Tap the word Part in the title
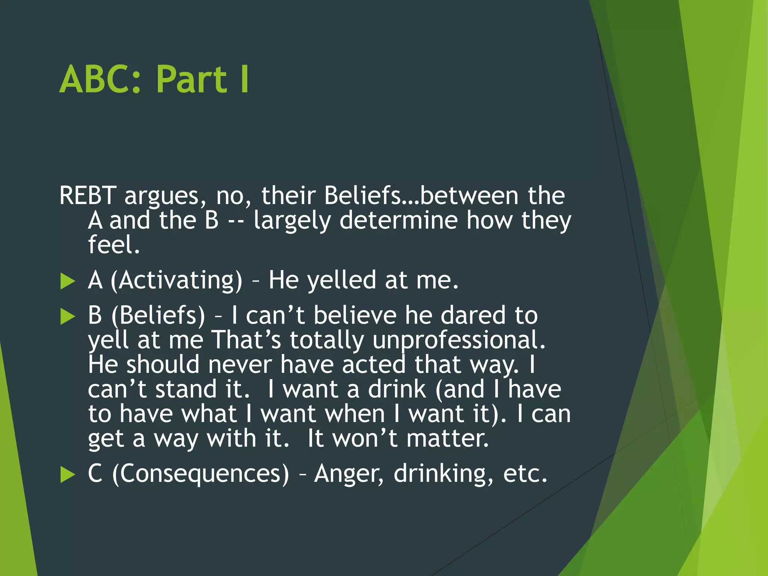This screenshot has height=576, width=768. tap(191, 79)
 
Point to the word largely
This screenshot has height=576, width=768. tap(292, 220)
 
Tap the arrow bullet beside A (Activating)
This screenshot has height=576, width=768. tap(67, 281)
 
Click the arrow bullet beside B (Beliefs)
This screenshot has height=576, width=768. tap(67, 316)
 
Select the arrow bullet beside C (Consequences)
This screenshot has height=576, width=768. tap(67, 475)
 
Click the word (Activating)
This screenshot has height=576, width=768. tap(176, 280)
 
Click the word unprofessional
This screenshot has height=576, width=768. tap(459, 340)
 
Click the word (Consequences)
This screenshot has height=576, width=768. tap(201, 474)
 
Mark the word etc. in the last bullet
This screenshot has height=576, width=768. tap(525, 474)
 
